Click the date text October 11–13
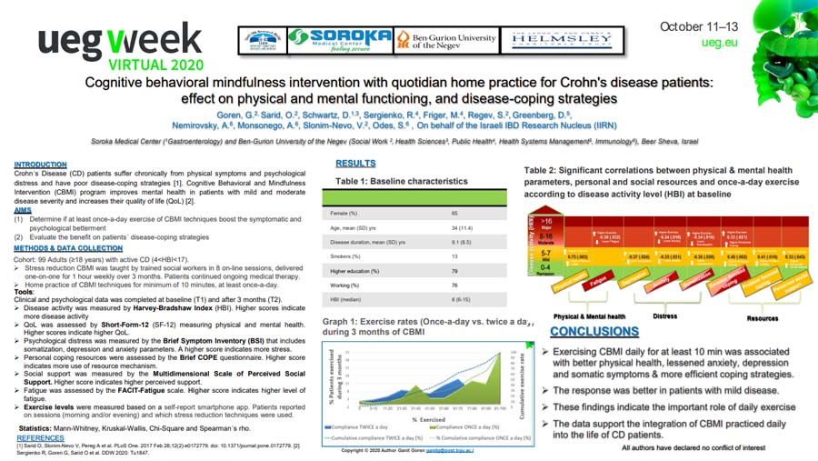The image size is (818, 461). (x=699, y=26)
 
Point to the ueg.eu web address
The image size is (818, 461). (x=717, y=43)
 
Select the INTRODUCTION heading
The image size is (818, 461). (x=40, y=165)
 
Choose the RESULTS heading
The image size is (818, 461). (x=356, y=164)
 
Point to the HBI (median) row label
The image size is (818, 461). (x=346, y=300)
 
